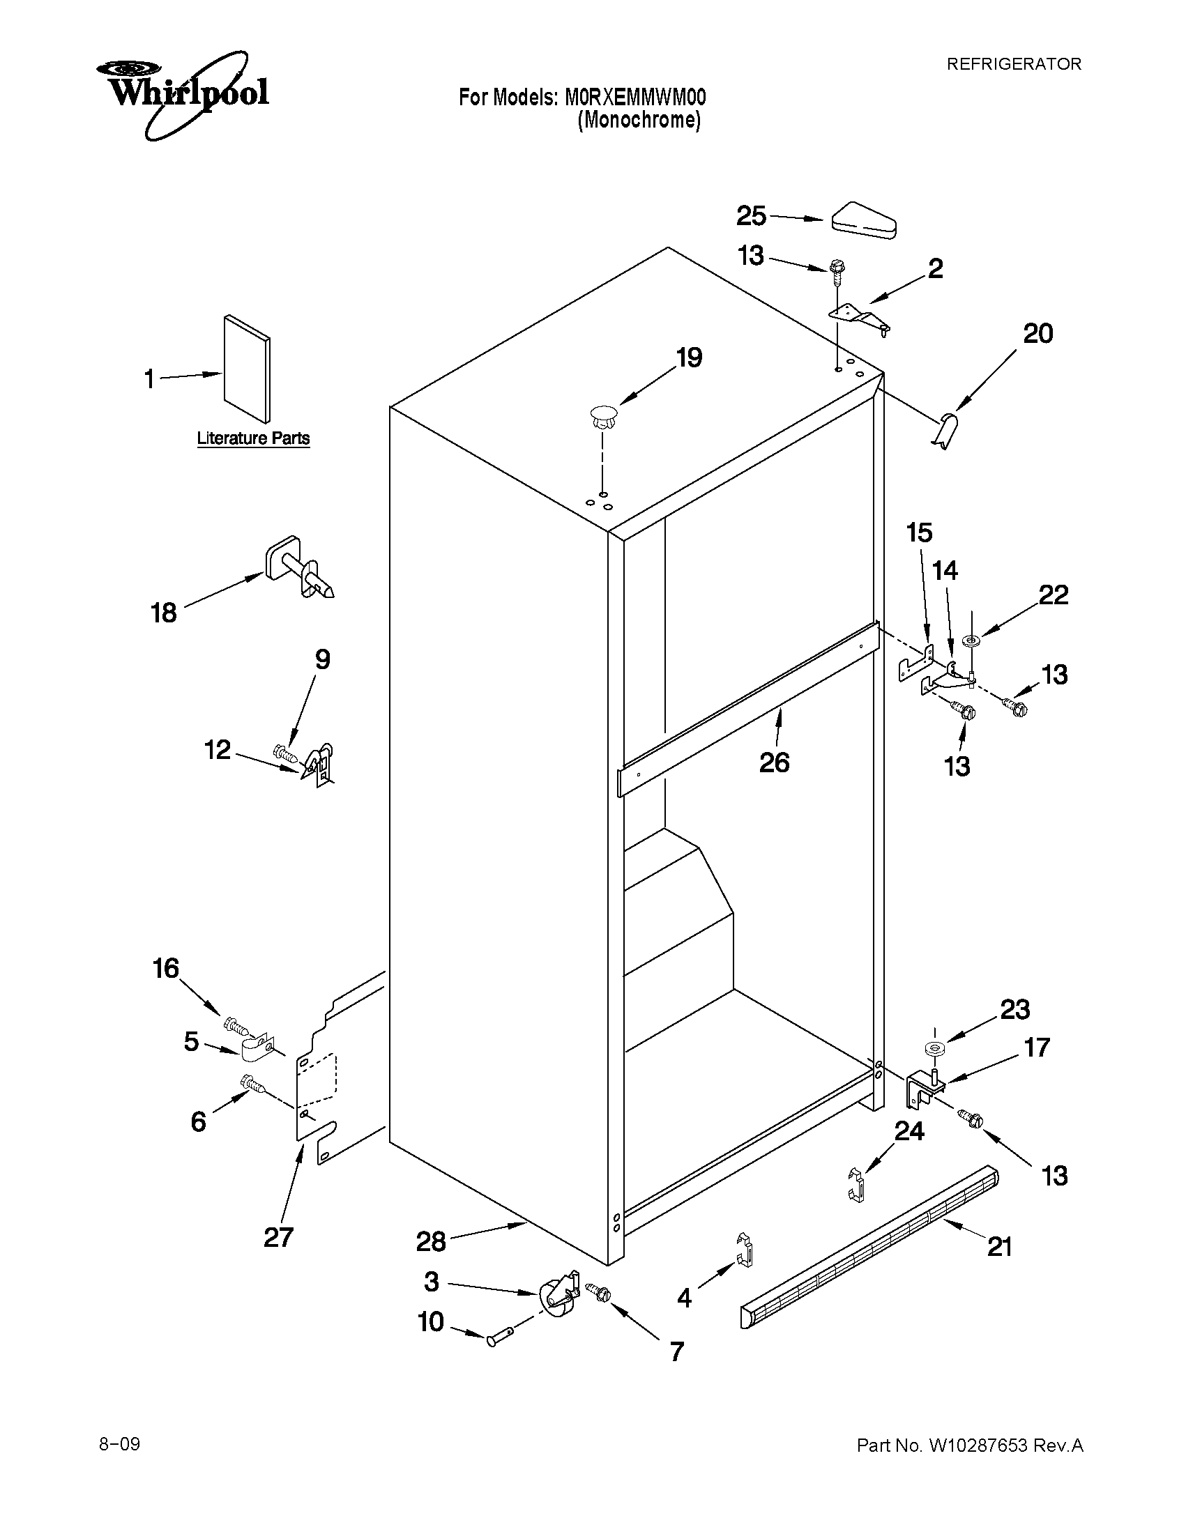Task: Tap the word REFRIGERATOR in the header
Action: click(1013, 64)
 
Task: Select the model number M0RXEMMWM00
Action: click(635, 97)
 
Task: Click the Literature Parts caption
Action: click(253, 438)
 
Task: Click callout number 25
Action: click(750, 215)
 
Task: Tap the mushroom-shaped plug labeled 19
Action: click(602, 417)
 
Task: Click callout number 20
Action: click(1037, 333)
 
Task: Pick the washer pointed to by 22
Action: click(973, 640)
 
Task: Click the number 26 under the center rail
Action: click(774, 762)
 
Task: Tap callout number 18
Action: click(164, 613)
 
